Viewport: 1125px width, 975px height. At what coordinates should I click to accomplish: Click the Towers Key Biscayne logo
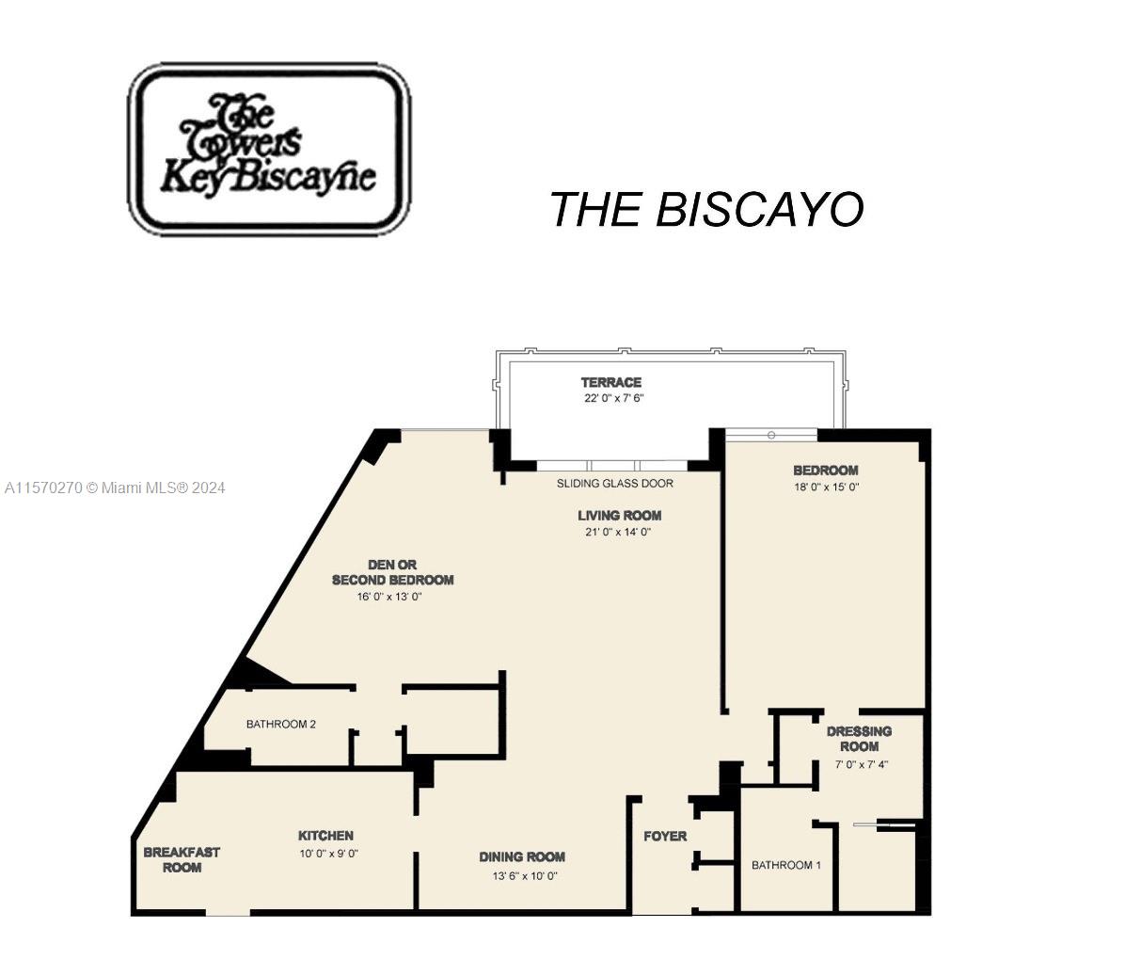tap(269, 149)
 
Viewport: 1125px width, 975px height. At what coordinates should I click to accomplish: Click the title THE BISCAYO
tap(706, 209)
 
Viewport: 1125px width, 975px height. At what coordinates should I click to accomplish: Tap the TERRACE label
tap(611, 382)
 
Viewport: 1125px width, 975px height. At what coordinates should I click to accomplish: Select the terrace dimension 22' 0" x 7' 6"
tap(614, 398)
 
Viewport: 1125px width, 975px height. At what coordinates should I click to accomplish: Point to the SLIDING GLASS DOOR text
tap(615, 483)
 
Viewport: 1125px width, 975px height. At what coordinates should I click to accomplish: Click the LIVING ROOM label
tap(620, 515)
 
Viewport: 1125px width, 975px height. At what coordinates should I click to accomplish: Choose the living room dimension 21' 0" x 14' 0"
tap(618, 532)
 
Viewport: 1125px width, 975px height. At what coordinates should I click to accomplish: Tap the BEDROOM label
tap(826, 471)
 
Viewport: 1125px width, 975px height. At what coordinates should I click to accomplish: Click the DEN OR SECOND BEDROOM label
tap(392, 572)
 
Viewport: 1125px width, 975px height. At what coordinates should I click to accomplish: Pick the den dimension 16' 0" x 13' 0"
tap(389, 597)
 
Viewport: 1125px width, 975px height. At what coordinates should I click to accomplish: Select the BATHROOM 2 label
tap(281, 724)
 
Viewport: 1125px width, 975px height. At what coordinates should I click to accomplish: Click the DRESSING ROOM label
tap(860, 739)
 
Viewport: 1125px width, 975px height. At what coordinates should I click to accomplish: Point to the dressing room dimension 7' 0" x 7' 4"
tap(862, 764)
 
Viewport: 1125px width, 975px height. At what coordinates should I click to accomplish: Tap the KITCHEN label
tap(325, 836)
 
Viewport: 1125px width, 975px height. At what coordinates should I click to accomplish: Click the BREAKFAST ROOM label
tap(182, 860)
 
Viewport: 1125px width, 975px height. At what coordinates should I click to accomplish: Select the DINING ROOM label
tap(522, 856)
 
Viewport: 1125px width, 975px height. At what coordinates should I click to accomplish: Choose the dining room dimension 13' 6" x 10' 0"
tap(521, 876)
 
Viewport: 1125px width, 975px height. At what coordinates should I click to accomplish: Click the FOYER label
tap(665, 837)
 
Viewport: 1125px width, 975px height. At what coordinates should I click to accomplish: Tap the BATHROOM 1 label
tap(786, 865)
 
